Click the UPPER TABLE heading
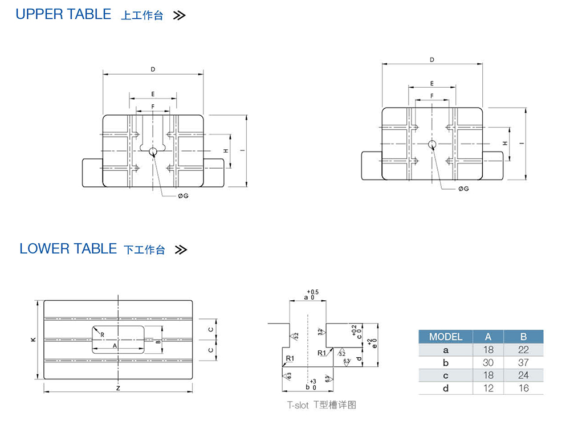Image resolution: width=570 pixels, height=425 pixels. (63, 14)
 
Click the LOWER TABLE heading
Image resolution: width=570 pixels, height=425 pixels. (68, 249)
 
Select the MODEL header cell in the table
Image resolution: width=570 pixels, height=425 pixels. (446, 337)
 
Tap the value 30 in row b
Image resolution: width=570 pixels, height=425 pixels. (488, 363)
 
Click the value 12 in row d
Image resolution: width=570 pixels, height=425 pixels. (488, 388)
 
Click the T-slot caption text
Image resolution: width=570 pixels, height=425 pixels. (321, 406)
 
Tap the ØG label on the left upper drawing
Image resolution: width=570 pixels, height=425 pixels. (183, 196)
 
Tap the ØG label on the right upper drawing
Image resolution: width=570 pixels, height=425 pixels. (463, 189)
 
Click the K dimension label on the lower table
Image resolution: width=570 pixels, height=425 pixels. (32, 340)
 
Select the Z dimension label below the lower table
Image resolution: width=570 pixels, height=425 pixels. (117, 388)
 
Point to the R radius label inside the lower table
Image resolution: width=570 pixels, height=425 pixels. (102, 335)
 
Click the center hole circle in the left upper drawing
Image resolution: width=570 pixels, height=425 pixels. (153, 151)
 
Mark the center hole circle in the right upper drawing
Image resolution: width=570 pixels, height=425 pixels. (432, 144)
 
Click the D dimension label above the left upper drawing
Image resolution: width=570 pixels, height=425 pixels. (153, 70)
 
